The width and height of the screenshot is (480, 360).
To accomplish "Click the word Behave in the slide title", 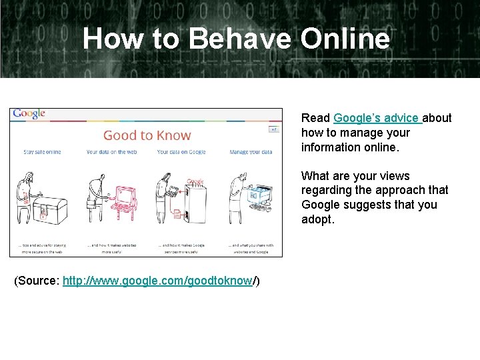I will (x=239, y=38).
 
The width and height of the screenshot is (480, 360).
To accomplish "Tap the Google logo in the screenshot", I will (x=29, y=114).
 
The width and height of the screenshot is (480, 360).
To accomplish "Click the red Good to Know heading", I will (x=147, y=135).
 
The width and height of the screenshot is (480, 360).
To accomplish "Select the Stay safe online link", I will (x=42, y=152).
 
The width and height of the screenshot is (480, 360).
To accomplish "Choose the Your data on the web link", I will (x=111, y=152).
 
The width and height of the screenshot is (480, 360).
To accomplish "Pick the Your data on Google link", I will (x=181, y=152).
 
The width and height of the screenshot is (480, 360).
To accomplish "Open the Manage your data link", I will (x=251, y=152).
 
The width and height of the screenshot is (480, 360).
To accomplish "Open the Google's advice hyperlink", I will (x=377, y=118).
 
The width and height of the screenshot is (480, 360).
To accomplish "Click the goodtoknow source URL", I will (x=157, y=281).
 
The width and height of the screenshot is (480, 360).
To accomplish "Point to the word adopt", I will (x=317, y=219).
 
